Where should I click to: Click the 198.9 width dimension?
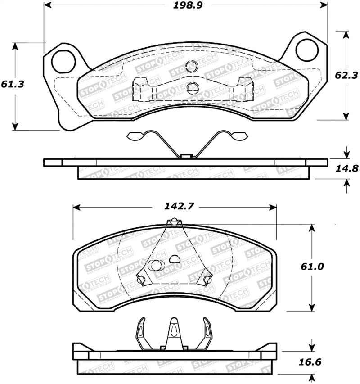185,5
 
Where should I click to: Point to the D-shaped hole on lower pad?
175,259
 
